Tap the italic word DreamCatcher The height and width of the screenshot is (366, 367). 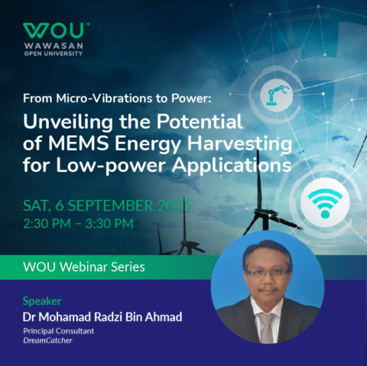coord(48,343)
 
